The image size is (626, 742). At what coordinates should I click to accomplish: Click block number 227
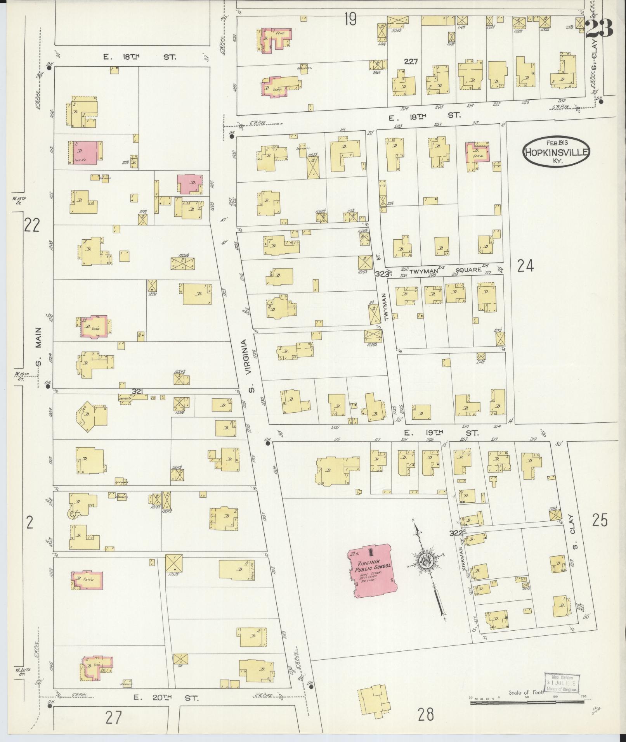(410, 61)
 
